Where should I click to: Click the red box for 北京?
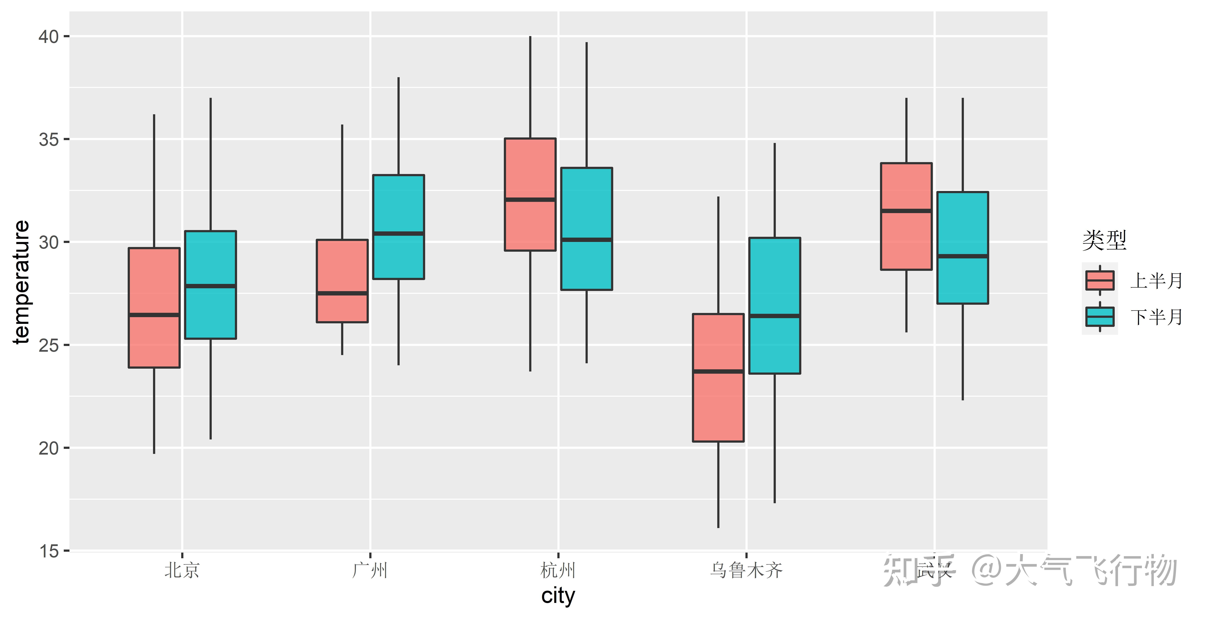pyautogui.click(x=154, y=338)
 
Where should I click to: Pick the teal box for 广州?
pyautogui.click(x=399, y=206)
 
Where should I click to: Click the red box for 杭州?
pyautogui.click(x=530, y=169)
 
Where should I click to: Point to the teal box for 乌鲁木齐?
pyautogui.click(x=775, y=277)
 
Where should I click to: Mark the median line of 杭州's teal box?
pyautogui.click(x=587, y=240)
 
